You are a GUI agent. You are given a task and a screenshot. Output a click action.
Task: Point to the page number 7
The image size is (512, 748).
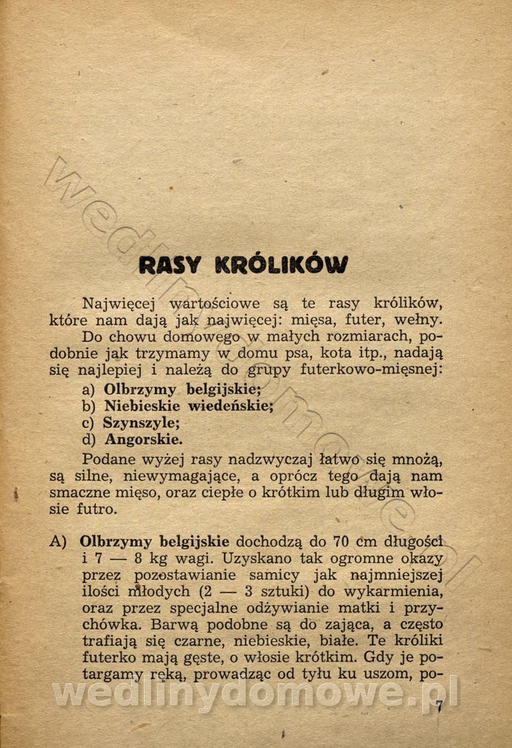[x=439, y=707]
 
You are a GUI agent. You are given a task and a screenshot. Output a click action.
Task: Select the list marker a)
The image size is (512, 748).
[x=89, y=389]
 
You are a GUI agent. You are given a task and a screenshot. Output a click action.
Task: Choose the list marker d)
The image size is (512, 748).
[x=89, y=440]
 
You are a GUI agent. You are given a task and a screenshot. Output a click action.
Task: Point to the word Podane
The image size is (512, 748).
[x=109, y=459]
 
